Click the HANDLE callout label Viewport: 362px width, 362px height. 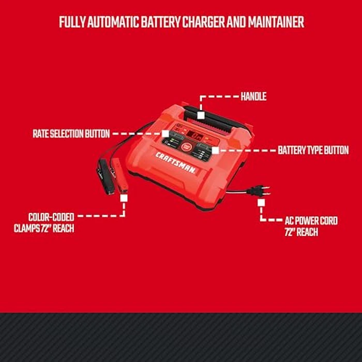253,97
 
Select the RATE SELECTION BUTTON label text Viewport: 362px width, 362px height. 71,134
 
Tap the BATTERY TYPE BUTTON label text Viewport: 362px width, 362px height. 313,150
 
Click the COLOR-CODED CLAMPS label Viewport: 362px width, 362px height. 44,223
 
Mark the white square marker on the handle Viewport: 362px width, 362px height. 200,115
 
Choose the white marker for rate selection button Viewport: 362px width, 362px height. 165,134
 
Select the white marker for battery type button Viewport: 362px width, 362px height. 215,150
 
